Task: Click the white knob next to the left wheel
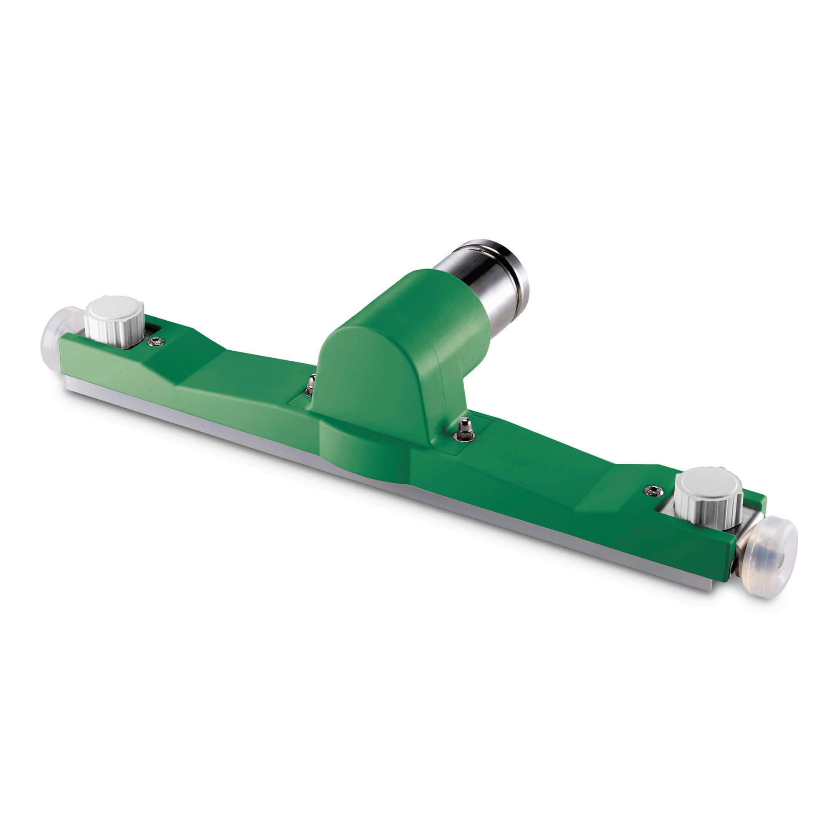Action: pos(114,322)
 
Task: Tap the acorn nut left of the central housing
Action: pos(310,384)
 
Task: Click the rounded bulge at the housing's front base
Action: pos(363,454)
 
